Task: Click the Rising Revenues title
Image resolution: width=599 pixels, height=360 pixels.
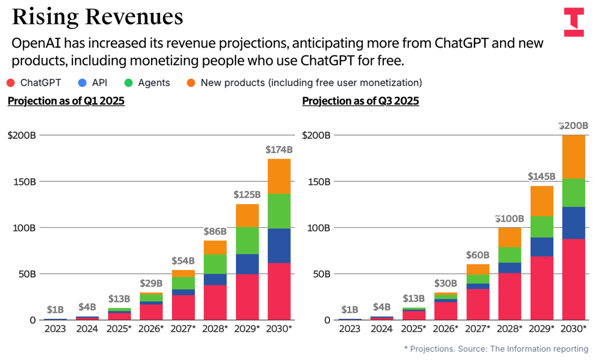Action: tap(97, 17)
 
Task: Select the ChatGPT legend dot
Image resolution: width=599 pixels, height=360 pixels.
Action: tap(11, 83)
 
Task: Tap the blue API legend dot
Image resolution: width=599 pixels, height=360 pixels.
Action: tap(82, 83)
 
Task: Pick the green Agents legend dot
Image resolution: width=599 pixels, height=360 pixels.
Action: tap(128, 83)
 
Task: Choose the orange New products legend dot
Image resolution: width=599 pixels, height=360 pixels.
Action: tap(191, 83)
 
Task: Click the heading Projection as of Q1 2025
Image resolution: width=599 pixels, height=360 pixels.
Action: tap(66, 101)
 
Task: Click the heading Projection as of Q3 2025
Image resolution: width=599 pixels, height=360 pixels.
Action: tap(361, 101)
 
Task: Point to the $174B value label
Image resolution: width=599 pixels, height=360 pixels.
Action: tap(279, 150)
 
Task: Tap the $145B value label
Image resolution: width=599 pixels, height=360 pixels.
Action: tap(541, 176)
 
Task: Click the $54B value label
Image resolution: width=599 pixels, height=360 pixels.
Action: tap(183, 261)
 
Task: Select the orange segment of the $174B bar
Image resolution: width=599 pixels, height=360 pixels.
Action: tap(279, 176)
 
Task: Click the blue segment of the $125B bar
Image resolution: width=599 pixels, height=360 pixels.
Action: tap(247, 264)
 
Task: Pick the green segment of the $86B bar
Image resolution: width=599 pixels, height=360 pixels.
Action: tap(215, 264)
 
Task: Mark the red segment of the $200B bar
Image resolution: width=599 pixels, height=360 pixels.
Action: tap(573, 279)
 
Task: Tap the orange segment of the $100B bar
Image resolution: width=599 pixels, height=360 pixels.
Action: tap(509, 237)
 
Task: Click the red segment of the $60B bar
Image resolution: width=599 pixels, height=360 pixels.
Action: tap(478, 304)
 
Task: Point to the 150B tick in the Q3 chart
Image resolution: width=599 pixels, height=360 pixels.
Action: tap(319, 182)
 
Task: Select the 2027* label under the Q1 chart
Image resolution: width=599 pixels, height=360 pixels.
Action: tap(183, 329)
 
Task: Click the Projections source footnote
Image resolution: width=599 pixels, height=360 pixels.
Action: tap(496, 349)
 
